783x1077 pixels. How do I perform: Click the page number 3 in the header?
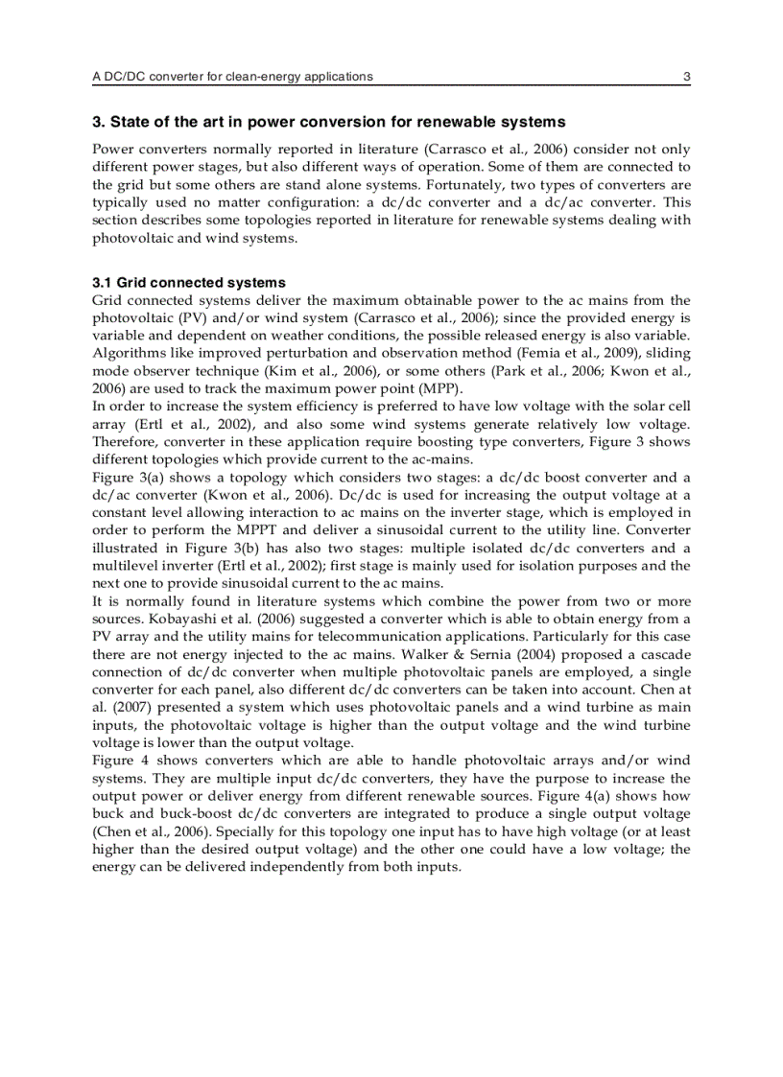pyautogui.click(x=686, y=77)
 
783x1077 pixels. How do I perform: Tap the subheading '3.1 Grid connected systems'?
pyautogui.click(x=189, y=283)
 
